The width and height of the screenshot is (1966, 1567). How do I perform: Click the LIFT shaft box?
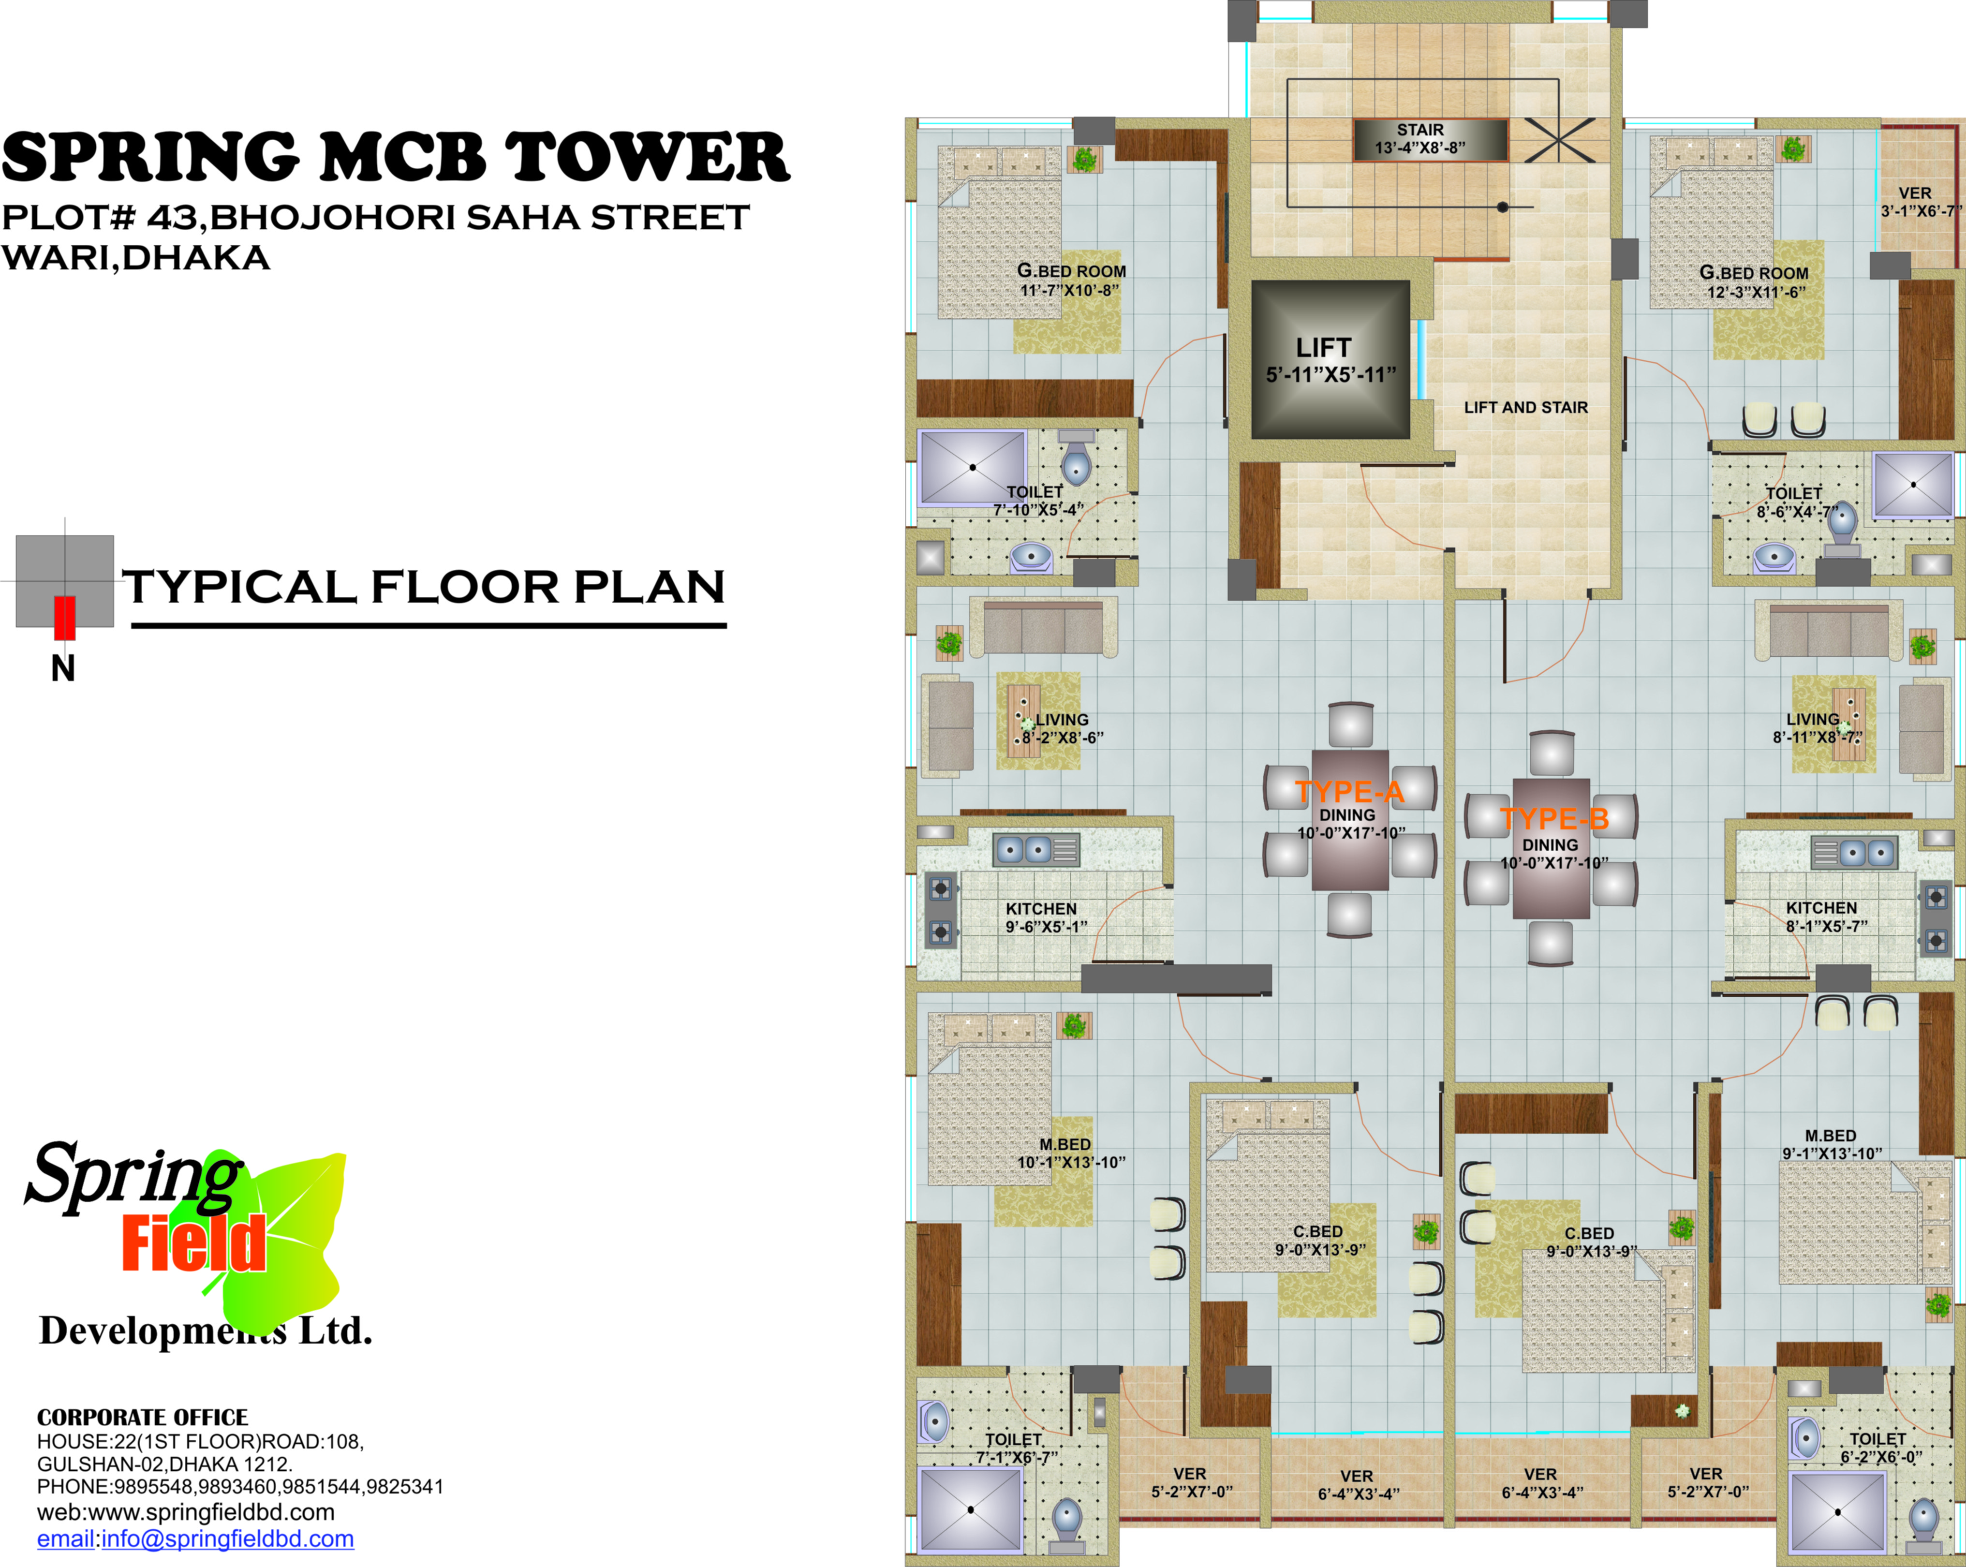(x=1330, y=359)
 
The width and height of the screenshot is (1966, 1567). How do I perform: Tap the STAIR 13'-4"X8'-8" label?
(x=1420, y=139)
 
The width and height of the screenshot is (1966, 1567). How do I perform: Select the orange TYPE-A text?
(x=1349, y=791)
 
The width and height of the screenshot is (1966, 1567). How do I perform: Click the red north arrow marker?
(x=64, y=618)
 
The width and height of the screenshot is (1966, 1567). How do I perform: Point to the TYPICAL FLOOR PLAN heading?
(x=424, y=587)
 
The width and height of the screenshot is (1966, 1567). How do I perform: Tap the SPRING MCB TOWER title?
(x=395, y=157)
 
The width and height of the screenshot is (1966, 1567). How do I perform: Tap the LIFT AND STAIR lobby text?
(x=1525, y=408)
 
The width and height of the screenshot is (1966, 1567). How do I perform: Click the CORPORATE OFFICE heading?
(x=142, y=1418)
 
